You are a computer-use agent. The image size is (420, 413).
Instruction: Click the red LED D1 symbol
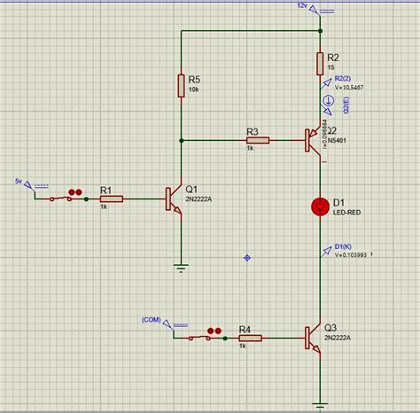point(320,206)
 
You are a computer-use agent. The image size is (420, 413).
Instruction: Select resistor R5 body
point(181,85)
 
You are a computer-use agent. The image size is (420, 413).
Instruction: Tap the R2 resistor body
point(320,63)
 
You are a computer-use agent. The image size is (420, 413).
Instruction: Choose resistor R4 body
point(250,338)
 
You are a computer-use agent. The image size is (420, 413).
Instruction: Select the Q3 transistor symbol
point(313,338)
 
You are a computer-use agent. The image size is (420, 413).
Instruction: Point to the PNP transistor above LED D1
point(313,140)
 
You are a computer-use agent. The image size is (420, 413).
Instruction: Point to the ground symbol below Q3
point(320,405)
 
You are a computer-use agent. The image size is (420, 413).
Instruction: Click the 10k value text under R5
point(193,90)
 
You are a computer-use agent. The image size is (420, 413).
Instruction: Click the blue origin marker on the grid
point(246,258)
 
